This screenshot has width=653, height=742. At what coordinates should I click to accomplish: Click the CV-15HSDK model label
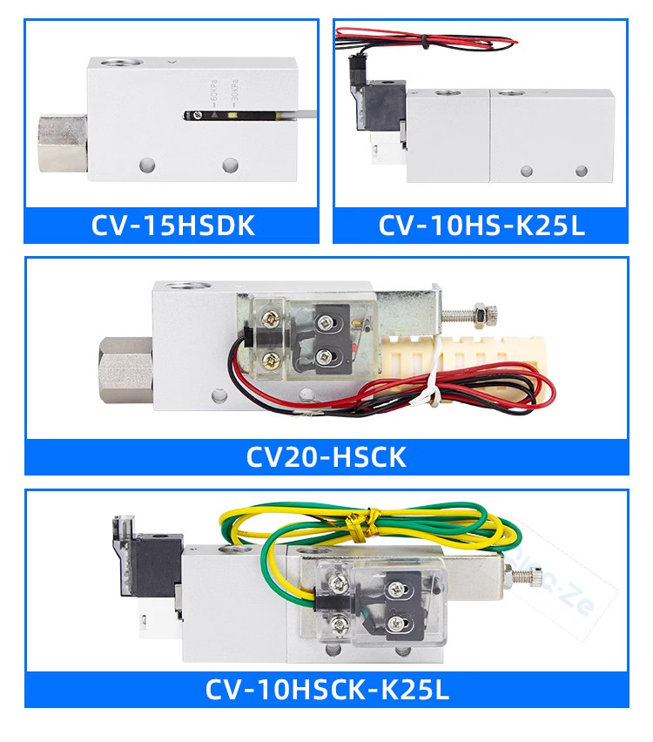[172, 226]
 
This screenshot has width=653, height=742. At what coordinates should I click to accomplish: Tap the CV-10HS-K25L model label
[481, 226]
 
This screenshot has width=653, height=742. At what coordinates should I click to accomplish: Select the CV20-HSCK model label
[326, 456]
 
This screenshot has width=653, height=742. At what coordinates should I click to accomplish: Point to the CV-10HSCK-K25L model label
[326, 690]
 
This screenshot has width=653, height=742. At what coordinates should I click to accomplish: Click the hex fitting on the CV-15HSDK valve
[62, 139]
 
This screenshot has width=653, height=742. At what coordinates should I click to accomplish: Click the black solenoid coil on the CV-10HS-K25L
[384, 105]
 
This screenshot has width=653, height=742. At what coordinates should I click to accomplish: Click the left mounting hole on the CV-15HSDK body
[146, 164]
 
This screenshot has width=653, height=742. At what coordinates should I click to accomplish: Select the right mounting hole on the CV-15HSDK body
[230, 164]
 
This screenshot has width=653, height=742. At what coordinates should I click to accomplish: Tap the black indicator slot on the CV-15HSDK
[235, 115]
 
